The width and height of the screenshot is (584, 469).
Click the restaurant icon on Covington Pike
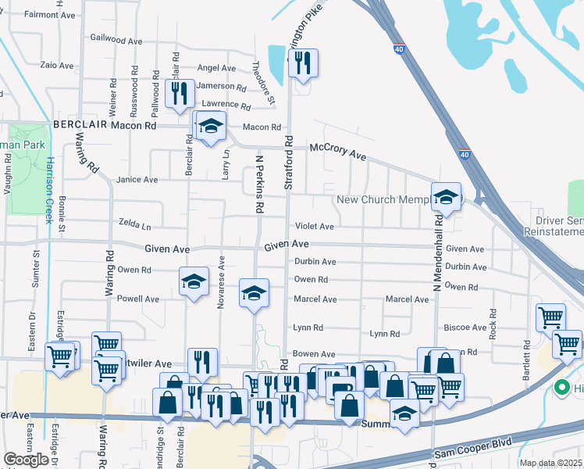coord(303,63)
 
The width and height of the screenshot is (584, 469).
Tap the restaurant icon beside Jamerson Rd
coord(180,92)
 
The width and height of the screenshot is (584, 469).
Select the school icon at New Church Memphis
coord(446,197)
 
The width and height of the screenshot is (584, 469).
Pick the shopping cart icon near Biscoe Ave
coord(550,317)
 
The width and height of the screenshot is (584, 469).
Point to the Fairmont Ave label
coord(49,14)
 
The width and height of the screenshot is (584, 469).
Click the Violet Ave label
coord(314,227)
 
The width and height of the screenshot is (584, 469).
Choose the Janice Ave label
coord(137,180)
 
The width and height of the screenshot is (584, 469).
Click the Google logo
coord(27,460)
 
